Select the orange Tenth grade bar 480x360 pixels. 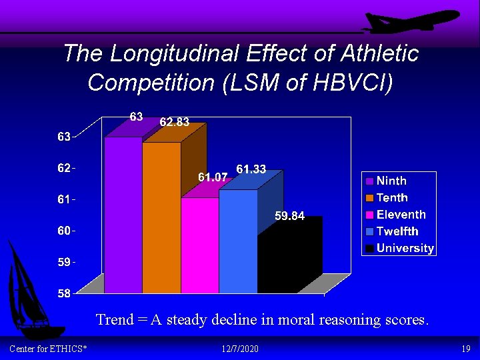pyautogui.click(x=161, y=217)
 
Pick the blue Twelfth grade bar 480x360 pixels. pyautogui.click(x=238, y=241)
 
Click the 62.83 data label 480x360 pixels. pyautogui.click(x=174, y=122)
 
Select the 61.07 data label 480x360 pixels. pyautogui.click(x=213, y=177)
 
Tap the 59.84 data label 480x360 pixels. pyautogui.click(x=290, y=216)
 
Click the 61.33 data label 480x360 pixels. pyautogui.click(x=251, y=170)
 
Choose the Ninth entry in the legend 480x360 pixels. pyautogui.click(x=391, y=181)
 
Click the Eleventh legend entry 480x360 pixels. pyautogui.click(x=401, y=215)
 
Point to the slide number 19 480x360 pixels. pyautogui.click(x=465, y=349)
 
